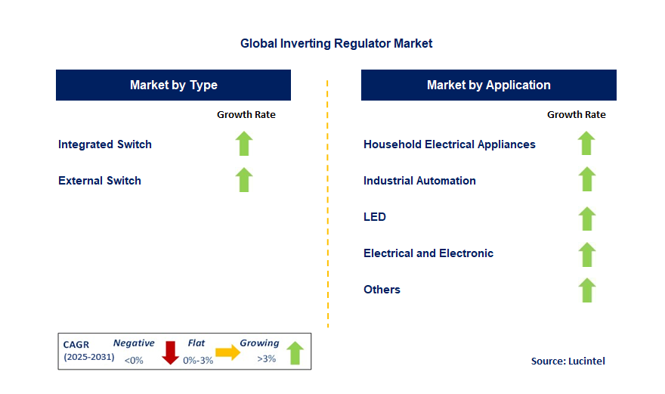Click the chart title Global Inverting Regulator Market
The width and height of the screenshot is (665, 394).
[x=336, y=43]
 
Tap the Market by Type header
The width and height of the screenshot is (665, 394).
[x=173, y=85]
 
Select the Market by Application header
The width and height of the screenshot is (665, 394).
[x=488, y=85]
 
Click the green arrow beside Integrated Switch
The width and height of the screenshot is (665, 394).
[x=243, y=144]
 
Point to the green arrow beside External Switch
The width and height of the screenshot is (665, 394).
[x=243, y=180]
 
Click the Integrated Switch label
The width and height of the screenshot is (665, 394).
[x=105, y=144]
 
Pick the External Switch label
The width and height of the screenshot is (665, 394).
[x=100, y=181]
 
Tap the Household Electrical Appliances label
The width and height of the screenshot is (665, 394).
[x=449, y=144]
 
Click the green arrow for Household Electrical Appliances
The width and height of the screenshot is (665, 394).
[x=586, y=144]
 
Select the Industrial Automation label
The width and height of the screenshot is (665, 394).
[x=419, y=181]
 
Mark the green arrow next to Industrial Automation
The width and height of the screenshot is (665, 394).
[x=586, y=180]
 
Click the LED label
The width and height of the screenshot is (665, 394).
[x=375, y=217]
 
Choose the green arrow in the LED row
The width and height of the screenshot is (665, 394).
[x=586, y=218]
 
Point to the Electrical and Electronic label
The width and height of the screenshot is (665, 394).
[x=428, y=253]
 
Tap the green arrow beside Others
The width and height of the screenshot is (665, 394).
[x=586, y=290]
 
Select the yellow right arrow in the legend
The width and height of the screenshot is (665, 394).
[x=227, y=352]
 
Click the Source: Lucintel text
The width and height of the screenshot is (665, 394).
[x=568, y=361]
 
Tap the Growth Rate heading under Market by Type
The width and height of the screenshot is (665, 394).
[x=246, y=115]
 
